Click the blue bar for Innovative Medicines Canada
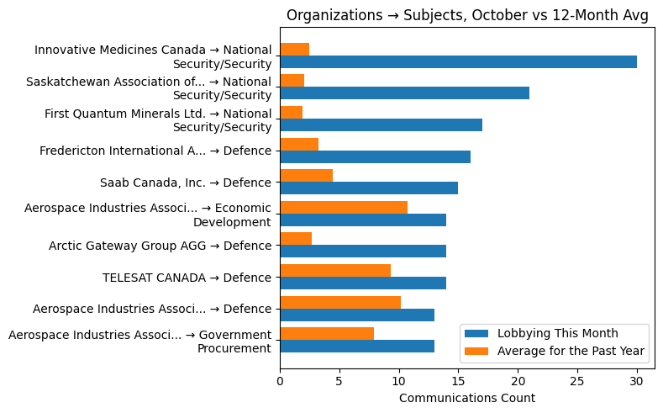tap(458, 61)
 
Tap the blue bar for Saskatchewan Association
tap(404, 93)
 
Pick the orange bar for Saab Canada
tap(306, 175)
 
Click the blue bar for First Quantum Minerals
tap(381, 124)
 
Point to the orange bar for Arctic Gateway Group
tap(296, 238)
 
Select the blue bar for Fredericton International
tap(375, 156)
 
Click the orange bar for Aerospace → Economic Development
tap(344, 207)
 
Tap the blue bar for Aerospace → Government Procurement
tap(357, 346)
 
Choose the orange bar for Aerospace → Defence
tap(340, 302)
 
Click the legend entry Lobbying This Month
tap(557, 332)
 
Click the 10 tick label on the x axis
tap(398, 380)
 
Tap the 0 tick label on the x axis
tap(280, 380)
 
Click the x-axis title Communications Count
tap(466, 398)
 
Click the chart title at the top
tap(467, 15)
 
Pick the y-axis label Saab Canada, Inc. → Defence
tap(185, 183)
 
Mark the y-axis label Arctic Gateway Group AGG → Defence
tap(160, 246)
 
